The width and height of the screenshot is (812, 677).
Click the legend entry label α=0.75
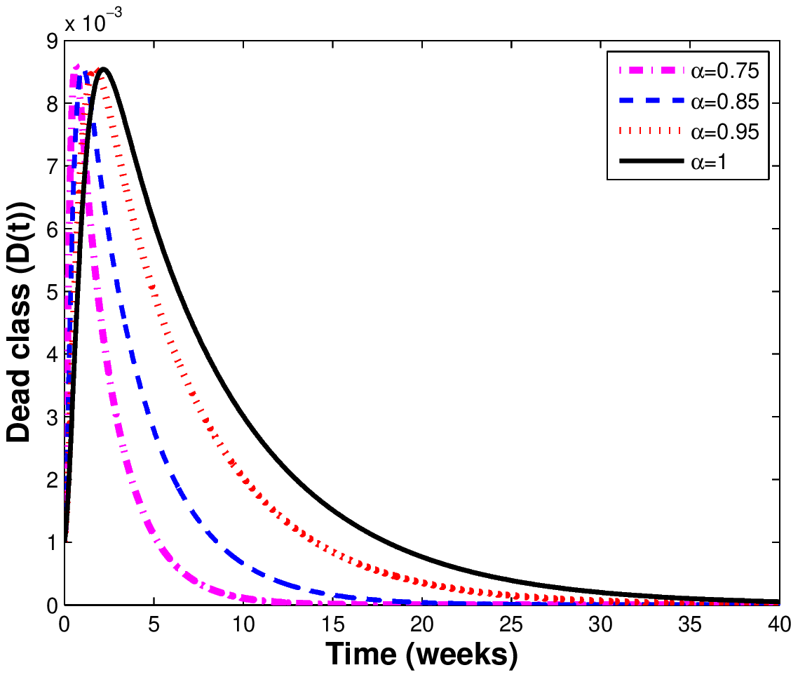pos(725,71)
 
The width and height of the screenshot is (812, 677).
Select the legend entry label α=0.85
pos(725,102)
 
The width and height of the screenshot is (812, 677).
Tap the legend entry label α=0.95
pos(725,132)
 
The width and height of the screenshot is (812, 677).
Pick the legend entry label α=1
pos(709,162)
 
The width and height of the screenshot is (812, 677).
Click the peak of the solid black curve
pos(104,68)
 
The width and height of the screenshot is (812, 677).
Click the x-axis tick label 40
pos(779,624)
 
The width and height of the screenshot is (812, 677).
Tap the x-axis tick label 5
pos(154,624)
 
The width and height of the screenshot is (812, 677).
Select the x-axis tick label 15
pos(332,624)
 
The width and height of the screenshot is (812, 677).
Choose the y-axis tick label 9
pos(53,41)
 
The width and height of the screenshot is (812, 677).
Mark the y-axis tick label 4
pos(53,355)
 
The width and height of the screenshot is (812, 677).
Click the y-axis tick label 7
pos(53,167)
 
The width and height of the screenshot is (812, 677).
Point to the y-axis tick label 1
pos(53,543)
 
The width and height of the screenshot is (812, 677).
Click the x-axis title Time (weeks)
pos(421,655)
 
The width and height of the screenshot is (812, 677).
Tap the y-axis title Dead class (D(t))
pos(20,321)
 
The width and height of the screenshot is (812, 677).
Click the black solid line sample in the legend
pos(651,161)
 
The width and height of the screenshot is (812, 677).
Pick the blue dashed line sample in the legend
pos(651,101)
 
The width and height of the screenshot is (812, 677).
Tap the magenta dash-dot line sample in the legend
pos(651,70)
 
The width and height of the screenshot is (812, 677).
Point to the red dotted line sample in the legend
pos(651,131)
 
